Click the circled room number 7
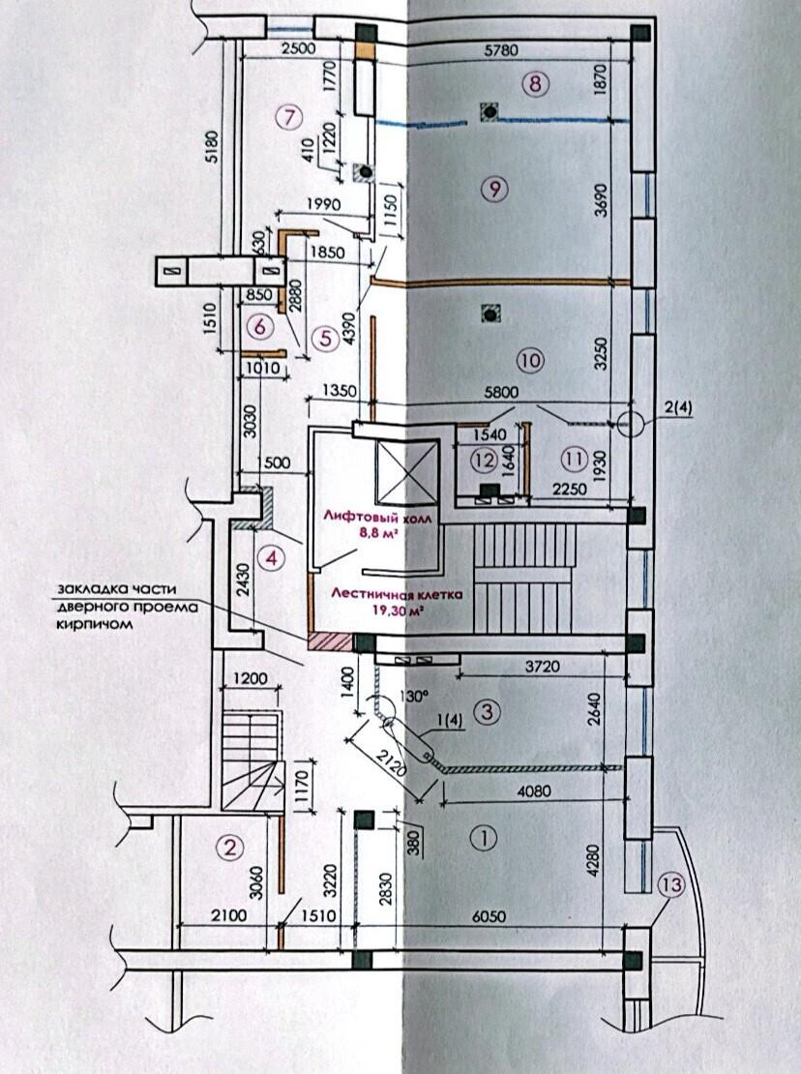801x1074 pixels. [289, 118]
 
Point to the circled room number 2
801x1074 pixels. [230, 848]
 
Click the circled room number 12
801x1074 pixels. [485, 460]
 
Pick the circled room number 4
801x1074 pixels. [273, 558]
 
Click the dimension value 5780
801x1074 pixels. [500, 49]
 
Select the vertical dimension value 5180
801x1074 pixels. [212, 146]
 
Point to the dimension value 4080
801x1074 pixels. [533, 791]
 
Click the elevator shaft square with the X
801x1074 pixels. [406, 472]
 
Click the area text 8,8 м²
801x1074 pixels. [379, 533]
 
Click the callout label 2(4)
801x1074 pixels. [678, 409]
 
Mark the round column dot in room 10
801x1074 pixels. [490, 314]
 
